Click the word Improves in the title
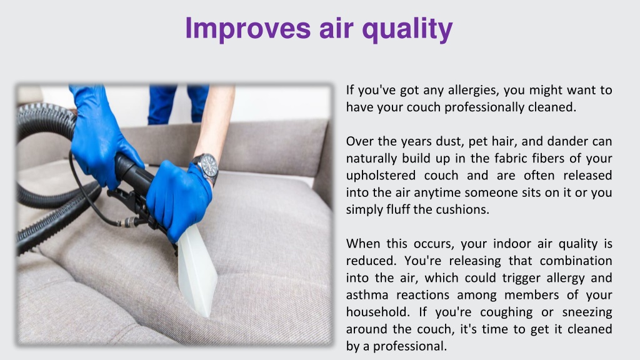[247, 28]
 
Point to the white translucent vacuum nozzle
[197, 271]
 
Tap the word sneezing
[587, 313]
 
